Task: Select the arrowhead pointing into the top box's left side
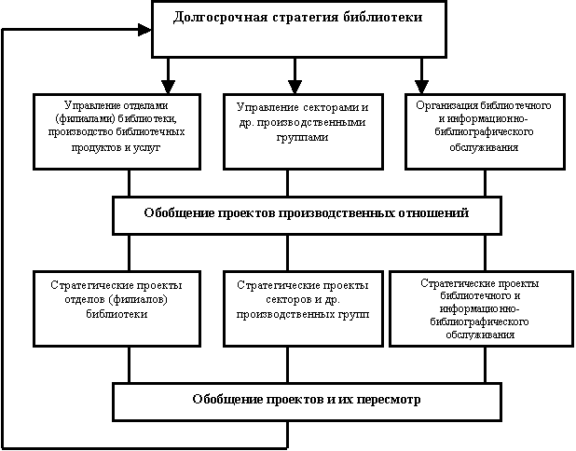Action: coord(144,30)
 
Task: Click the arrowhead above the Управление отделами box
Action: coord(169,87)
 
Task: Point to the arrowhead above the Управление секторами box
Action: coord(295,87)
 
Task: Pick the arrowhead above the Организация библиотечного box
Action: coord(421,87)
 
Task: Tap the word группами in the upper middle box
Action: coord(302,138)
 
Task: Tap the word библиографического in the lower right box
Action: coord(479,321)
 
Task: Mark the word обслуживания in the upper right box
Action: coord(484,147)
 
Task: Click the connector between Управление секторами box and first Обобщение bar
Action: coord(287,184)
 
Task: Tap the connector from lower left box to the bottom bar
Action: coord(129,365)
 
